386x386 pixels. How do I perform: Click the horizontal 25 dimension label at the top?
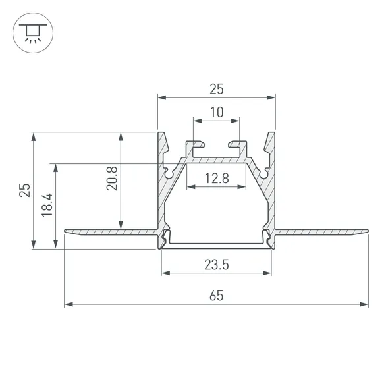coord(216,88)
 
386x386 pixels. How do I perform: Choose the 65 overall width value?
coord(216,296)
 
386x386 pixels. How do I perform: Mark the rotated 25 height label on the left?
coord(24,190)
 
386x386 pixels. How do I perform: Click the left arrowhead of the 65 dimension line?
coord(68,305)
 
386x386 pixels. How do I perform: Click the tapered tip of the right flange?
coord(366,231)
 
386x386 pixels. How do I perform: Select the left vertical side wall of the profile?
coord(161,198)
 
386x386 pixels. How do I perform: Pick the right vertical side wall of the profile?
coord(271,198)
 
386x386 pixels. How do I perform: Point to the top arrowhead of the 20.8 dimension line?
coord(120,136)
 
